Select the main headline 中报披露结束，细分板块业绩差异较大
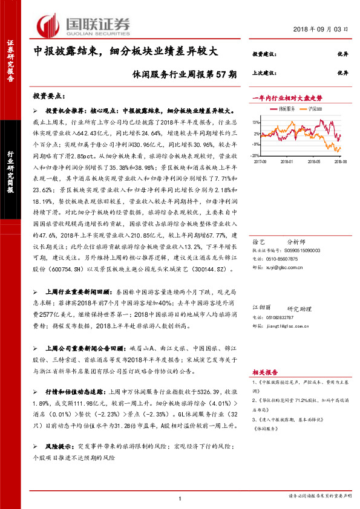pos(121,53)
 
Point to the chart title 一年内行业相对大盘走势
pos(283,97)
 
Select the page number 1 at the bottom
pos(180,498)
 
